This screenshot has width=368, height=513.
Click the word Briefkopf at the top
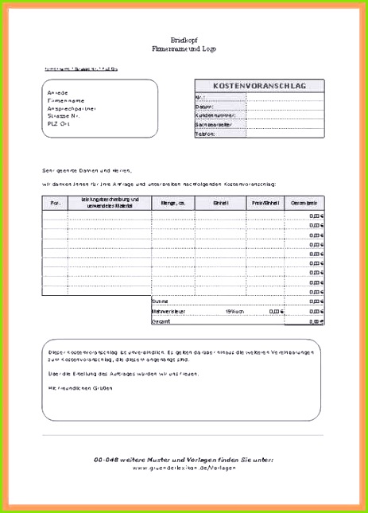(184, 39)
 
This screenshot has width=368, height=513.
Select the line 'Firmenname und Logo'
(184, 49)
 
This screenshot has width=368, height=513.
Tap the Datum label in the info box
(205, 106)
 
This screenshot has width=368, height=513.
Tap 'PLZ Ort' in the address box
(61, 123)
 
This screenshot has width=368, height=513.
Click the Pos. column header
(55, 203)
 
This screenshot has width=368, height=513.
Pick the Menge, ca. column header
(173, 203)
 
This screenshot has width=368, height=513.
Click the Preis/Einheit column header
(265, 203)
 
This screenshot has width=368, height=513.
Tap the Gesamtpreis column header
(305, 203)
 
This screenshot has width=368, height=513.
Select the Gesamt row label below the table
(162, 322)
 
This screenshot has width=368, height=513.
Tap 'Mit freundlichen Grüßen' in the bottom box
(80, 387)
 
